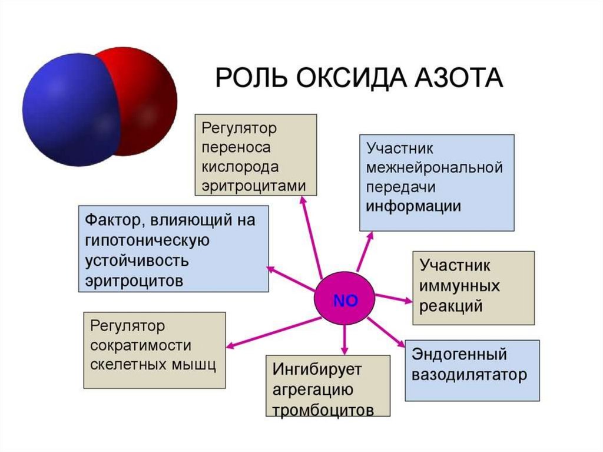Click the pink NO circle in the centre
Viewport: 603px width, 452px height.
[x=345, y=300]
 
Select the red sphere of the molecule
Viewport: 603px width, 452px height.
[x=147, y=94]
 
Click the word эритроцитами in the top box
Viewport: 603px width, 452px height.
[x=254, y=185]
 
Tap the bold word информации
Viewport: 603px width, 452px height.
[x=413, y=207]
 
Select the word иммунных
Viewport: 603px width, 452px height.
[x=460, y=286]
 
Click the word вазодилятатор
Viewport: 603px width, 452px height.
[x=469, y=375]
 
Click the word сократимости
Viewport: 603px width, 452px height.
[x=141, y=345]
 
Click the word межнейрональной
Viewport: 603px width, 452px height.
[x=435, y=167]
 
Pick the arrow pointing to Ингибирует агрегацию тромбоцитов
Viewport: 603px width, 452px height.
[x=346, y=338]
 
